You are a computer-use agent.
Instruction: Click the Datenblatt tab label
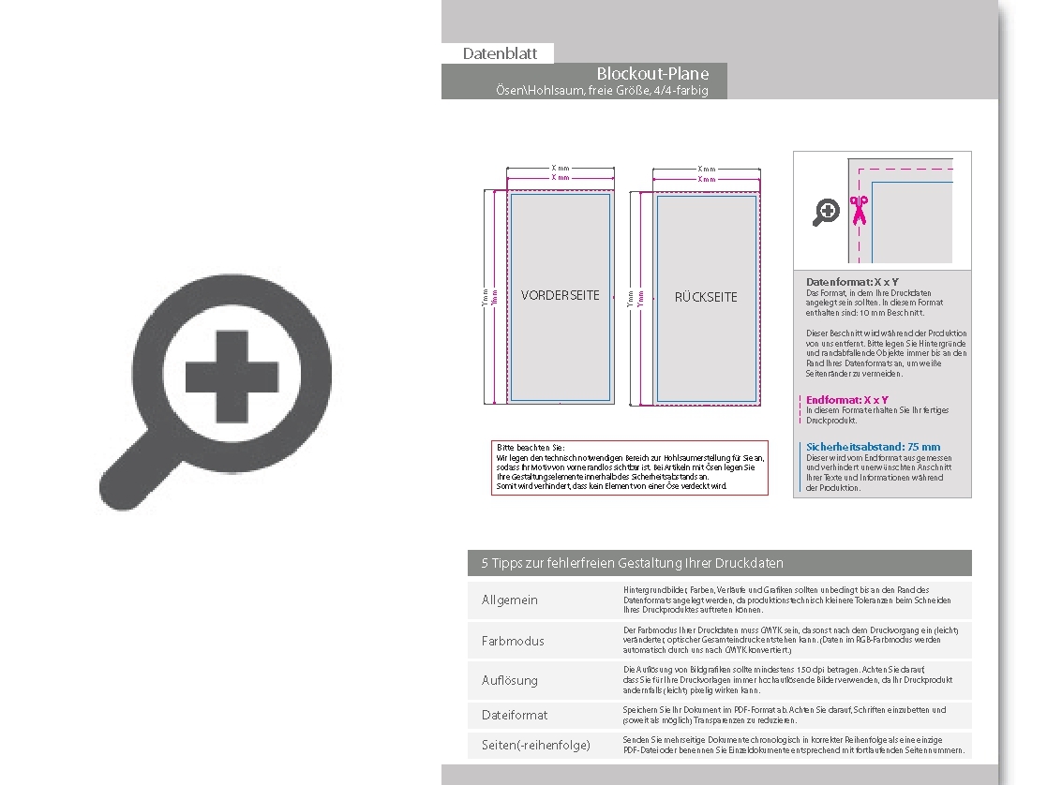pyautogui.click(x=497, y=54)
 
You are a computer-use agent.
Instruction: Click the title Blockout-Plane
pyautogui.click(x=652, y=74)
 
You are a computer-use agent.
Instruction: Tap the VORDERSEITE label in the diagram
pyautogui.click(x=560, y=296)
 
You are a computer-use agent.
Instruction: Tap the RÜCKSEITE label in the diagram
pyautogui.click(x=706, y=297)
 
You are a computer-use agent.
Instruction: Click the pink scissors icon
pyautogui.click(x=859, y=211)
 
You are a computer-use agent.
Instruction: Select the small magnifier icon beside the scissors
pyautogui.click(x=826, y=213)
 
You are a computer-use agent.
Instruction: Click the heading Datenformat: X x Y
pyautogui.click(x=852, y=282)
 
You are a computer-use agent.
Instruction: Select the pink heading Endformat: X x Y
pyautogui.click(x=847, y=400)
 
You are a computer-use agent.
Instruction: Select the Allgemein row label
pyautogui.click(x=510, y=600)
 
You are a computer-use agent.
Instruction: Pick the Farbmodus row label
pyautogui.click(x=513, y=641)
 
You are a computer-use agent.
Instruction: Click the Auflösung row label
pyautogui.click(x=510, y=680)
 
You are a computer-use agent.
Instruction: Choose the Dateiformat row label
pyautogui.click(x=515, y=715)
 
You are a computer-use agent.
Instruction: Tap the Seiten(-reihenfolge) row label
pyautogui.click(x=536, y=746)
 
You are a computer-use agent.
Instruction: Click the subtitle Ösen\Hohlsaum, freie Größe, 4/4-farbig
pyautogui.click(x=602, y=90)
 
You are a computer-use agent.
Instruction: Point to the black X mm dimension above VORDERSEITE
pyautogui.click(x=561, y=169)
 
